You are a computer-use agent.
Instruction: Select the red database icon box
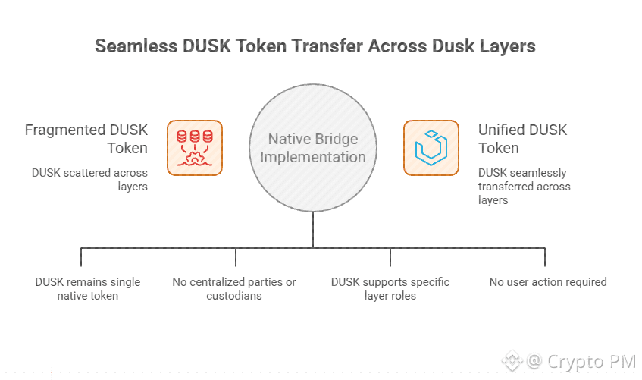point(195,148)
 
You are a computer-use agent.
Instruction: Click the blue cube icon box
point(431,148)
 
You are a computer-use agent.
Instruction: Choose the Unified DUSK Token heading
point(522,139)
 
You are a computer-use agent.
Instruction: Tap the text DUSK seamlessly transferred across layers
point(524,186)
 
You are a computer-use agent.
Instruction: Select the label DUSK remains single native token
point(88,289)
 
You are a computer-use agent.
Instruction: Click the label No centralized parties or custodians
point(234,289)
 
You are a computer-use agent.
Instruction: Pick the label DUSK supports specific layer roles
point(390,289)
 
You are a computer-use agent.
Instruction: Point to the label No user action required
point(547,282)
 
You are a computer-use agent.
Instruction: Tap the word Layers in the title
point(505,46)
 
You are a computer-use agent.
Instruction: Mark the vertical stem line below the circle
point(313,228)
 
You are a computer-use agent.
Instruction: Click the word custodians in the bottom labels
point(234,296)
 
